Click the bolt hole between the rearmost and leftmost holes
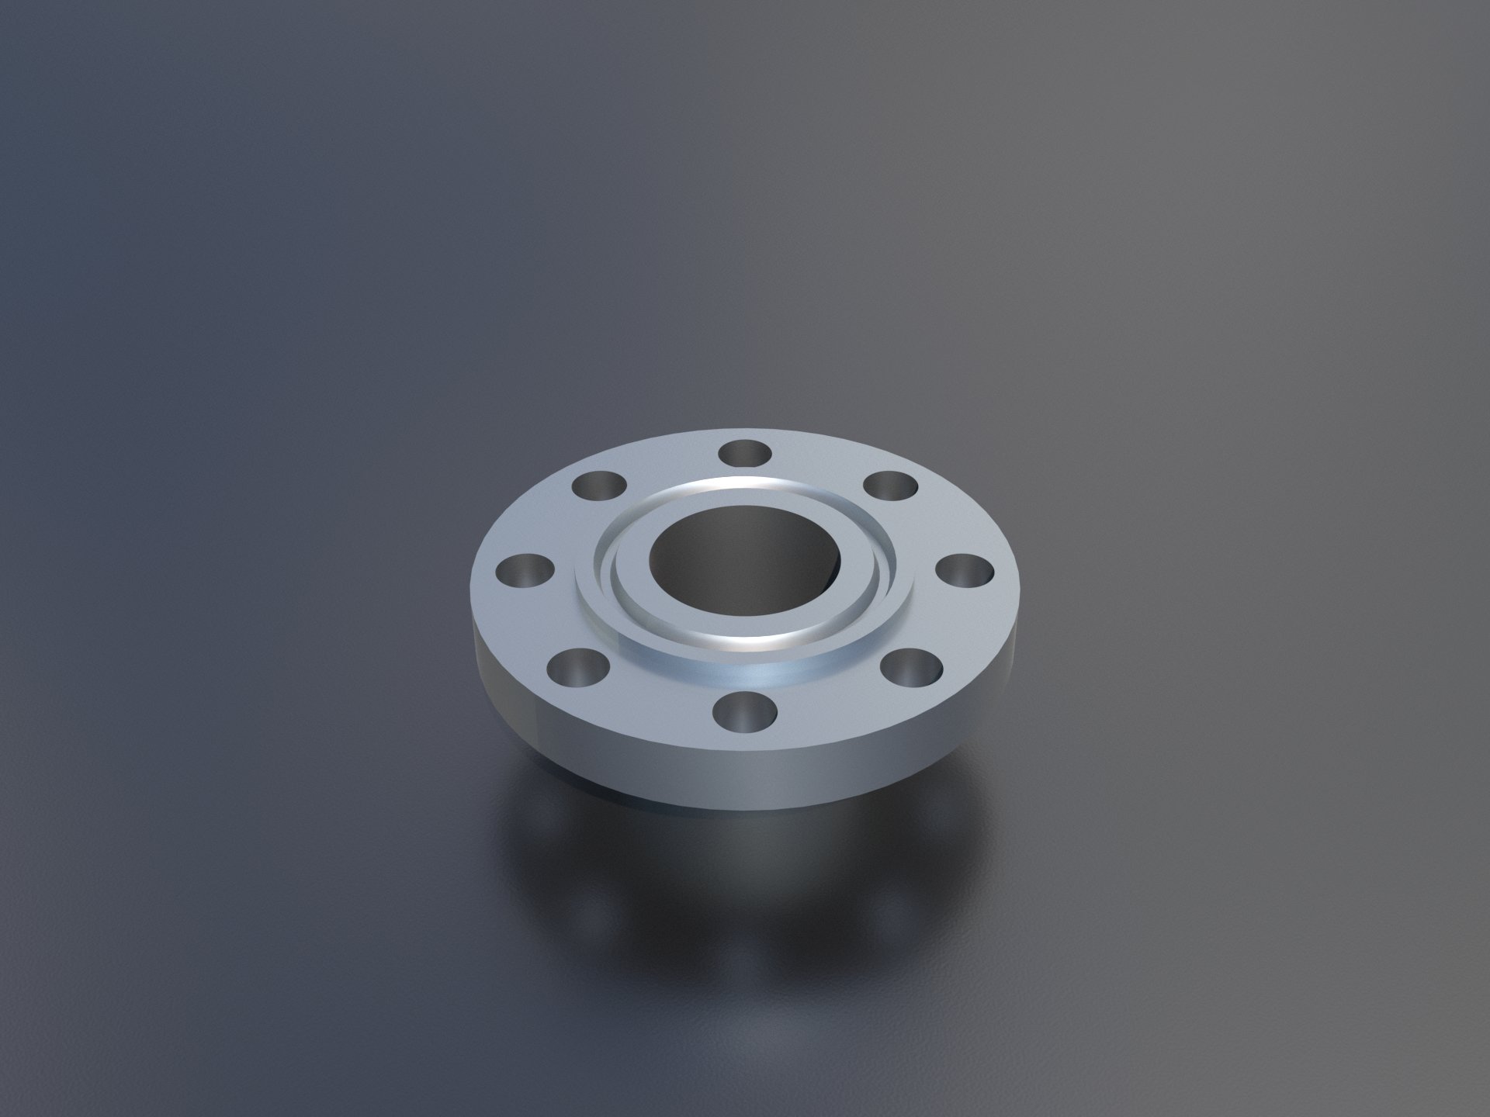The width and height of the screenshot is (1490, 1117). (x=600, y=487)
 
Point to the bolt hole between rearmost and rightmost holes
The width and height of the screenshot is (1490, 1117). (x=891, y=487)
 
